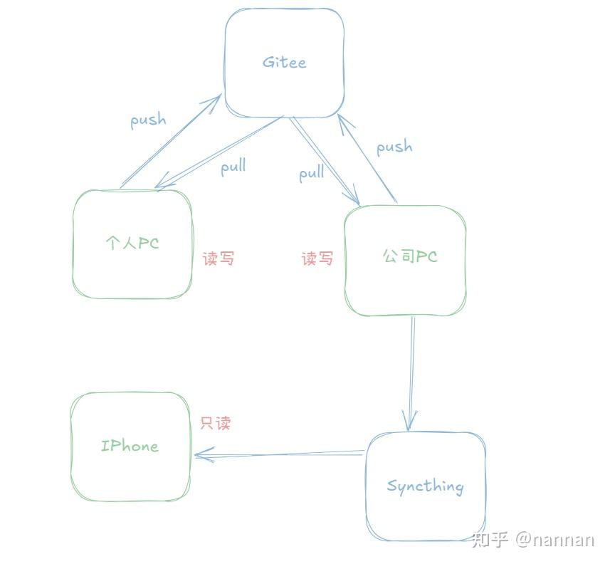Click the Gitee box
pos(284,63)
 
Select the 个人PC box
pos(132,244)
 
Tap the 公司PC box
pos(405,260)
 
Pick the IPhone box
pos(130,446)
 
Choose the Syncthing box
pos(426,486)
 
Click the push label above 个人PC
pos(148,120)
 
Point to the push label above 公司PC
pos(394,147)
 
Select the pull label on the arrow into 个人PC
pos(233,167)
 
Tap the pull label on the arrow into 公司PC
pos(311,173)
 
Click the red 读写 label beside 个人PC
pos(219,258)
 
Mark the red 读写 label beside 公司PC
pos(317,258)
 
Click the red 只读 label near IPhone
pos(216,423)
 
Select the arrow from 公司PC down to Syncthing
pos(411,370)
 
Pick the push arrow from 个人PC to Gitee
pos(169,142)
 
